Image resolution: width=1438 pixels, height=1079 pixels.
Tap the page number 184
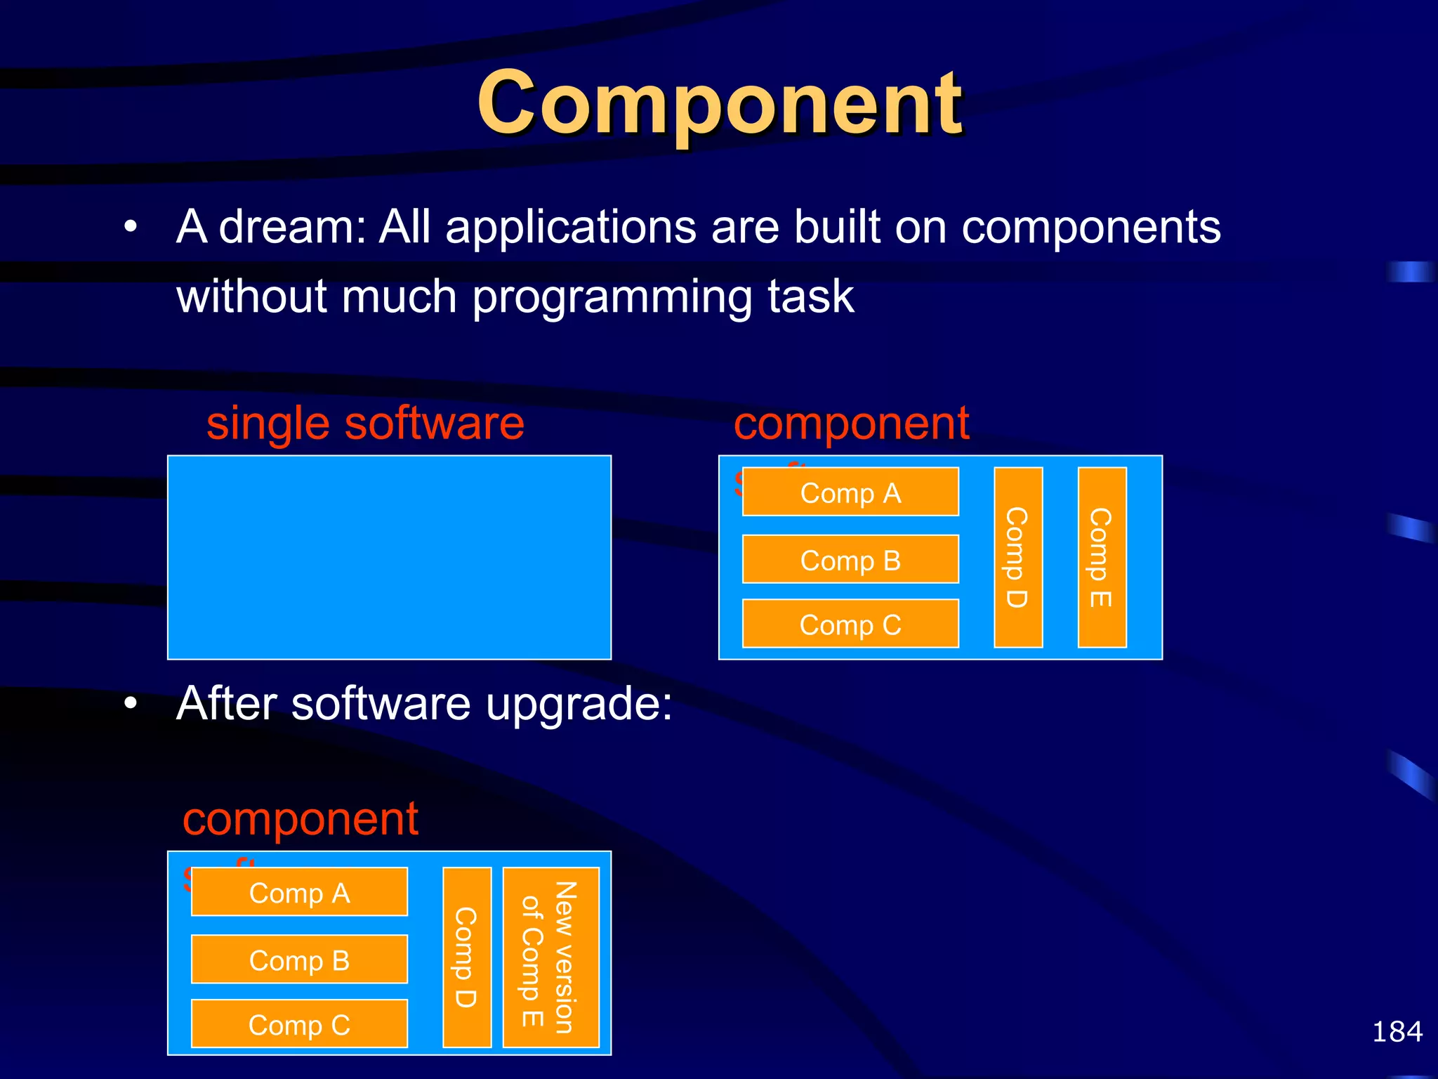point(1397,1032)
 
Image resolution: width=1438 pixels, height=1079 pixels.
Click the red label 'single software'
point(365,424)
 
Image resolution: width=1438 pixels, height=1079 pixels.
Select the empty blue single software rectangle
point(389,557)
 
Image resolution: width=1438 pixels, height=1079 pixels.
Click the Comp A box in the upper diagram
point(850,492)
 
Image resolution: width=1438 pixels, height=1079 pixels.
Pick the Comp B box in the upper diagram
point(850,560)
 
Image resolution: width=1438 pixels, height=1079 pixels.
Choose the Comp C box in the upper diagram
point(850,624)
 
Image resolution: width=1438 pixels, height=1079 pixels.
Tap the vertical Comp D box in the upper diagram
point(1018,557)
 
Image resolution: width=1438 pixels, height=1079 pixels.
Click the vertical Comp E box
point(1102,557)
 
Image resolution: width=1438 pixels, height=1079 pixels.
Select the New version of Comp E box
point(550,957)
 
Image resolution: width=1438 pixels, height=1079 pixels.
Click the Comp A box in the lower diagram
point(299,893)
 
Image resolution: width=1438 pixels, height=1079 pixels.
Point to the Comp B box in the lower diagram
point(299,960)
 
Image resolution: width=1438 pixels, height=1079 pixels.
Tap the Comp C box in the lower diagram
point(299,1024)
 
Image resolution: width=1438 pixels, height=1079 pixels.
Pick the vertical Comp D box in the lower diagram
point(466,957)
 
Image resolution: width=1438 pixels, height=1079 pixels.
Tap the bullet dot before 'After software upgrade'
point(130,703)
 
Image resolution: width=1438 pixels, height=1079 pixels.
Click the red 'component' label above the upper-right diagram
point(851,424)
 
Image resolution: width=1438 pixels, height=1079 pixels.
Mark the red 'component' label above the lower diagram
point(300,819)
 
